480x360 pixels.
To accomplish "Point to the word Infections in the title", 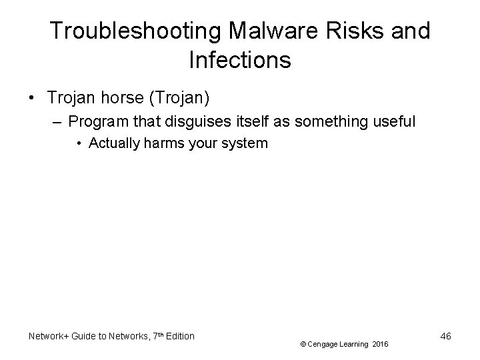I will point(240,60).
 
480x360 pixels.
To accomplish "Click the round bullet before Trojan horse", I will point(33,99).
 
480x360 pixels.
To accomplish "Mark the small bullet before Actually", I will point(79,143).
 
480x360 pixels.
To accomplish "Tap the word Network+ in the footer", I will point(49,336).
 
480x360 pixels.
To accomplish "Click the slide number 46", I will point(446,336).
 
